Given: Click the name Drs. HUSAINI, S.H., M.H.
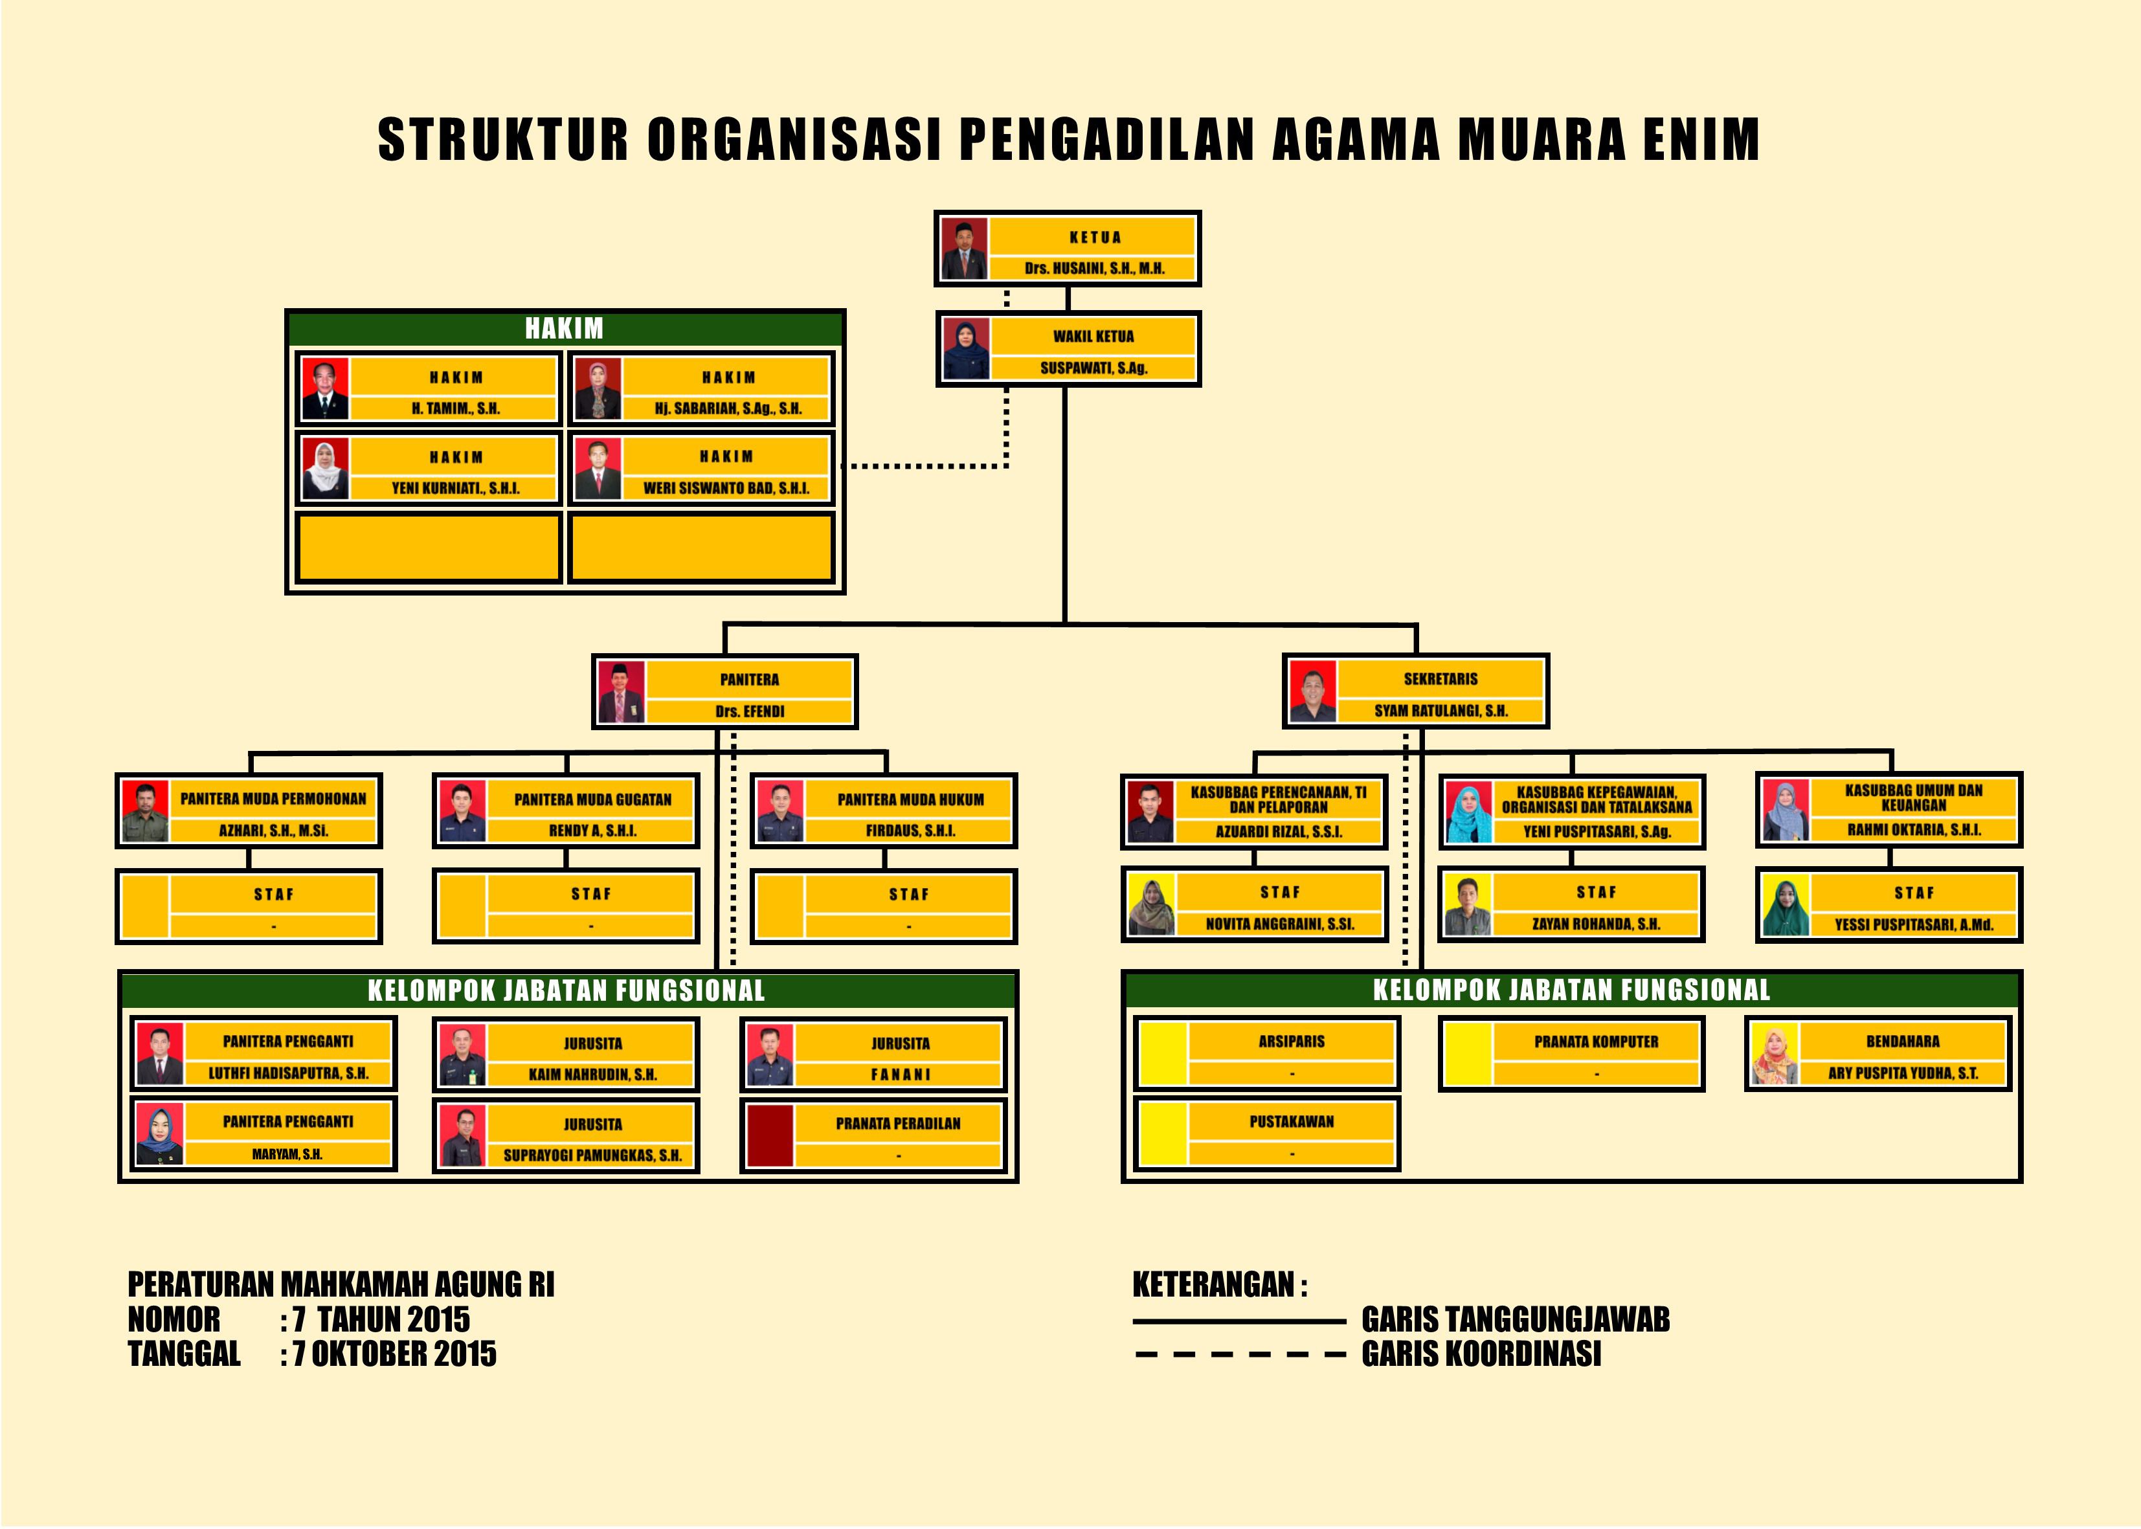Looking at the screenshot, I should tap(1094, 269).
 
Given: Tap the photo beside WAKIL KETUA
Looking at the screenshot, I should tap(966, 350).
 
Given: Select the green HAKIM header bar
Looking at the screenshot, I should tap(565, 329).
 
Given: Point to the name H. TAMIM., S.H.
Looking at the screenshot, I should tap(456, 408).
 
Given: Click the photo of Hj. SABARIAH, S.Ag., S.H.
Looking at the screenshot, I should tap(598, 389).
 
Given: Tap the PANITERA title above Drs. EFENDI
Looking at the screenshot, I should tap(750, 680).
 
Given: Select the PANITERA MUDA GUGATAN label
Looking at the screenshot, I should tap(592, 799).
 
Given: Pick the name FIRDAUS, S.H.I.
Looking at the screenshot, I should tap(910, 831).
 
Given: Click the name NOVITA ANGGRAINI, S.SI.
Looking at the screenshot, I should tap(1279, 924).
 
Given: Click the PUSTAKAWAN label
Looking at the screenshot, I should tap(1291, 1121).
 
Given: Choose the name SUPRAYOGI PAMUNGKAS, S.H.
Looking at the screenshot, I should tap(592, 1155).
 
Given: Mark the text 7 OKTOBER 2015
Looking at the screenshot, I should tap(394, 1354).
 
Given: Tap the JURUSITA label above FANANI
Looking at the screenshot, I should tap(900, 1044).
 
